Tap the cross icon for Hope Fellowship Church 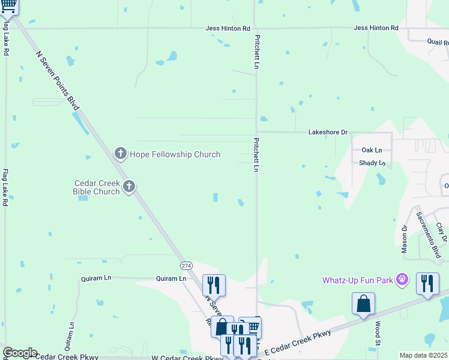coord(120,154)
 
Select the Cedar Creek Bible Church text coord(97,187)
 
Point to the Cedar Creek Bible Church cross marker coord(128,188)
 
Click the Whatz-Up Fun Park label coord(358,280)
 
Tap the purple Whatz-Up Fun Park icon coord(403,280)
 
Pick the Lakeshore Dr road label coord(328,131)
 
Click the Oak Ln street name coord(372,150)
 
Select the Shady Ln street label coord(372,163)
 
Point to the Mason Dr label coord(405,238)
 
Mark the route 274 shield coord(186,265)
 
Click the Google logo coord(20,353)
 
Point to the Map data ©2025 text coord(423,355)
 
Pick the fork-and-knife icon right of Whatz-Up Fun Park coord(427,283)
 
